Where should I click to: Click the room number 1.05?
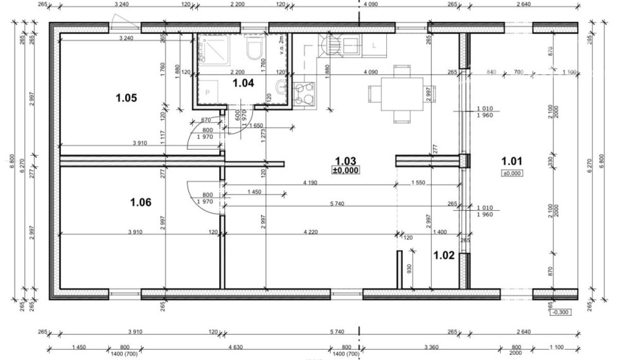126,98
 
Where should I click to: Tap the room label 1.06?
141,202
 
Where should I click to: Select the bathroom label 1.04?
243,82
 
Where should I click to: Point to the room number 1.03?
346,161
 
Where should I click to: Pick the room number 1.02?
444,255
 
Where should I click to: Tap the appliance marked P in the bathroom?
208,92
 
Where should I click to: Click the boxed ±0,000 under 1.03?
346,171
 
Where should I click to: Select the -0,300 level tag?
561,312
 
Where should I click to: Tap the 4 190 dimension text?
309,183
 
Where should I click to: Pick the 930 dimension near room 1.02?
409,269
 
